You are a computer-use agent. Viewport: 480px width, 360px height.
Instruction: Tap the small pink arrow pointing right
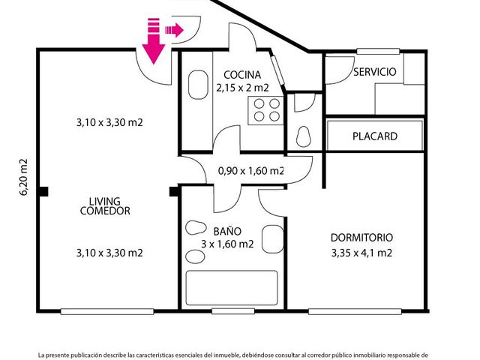point(175,30)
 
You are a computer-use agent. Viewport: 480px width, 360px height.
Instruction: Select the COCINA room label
point(242,75)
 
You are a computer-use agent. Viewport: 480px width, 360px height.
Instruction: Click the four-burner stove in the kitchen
point(266,110)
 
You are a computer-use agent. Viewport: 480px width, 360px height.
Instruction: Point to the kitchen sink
point(198,85)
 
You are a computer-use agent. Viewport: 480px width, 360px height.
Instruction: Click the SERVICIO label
point(375,72)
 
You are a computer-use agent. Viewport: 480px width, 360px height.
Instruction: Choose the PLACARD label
point(375,136)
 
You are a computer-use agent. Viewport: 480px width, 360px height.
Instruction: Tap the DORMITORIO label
point(361,238)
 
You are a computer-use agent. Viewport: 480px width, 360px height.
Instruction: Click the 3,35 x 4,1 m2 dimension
point(361,253)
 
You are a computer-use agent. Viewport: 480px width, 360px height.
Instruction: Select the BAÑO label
point(227,231)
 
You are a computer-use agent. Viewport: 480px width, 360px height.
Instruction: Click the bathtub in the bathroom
point(232,288)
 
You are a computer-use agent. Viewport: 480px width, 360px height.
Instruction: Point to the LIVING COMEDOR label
point(105,206)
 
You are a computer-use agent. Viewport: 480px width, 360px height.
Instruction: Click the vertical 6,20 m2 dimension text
point(23,177)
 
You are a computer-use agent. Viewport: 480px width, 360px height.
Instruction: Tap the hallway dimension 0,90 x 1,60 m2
point(251,171)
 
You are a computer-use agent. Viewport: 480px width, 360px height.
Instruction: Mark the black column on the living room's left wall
point(43,192)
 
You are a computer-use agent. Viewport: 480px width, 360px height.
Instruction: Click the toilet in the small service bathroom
point(304,136)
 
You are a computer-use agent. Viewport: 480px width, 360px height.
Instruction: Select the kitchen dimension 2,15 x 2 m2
point(242,88)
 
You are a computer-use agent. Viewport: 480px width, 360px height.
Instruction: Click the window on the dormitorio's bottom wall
point(355,312)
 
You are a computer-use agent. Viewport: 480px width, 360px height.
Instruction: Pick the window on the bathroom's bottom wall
point(233,311)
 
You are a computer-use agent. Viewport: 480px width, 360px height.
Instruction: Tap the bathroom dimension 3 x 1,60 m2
point(227,244)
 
